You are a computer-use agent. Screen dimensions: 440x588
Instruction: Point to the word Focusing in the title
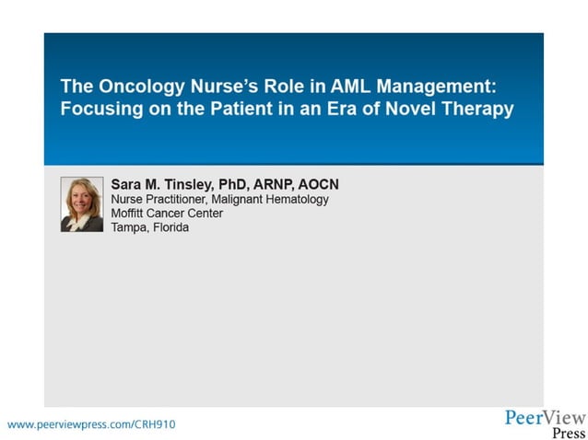(99, 109)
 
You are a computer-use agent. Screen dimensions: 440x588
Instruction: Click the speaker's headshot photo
(81, 204)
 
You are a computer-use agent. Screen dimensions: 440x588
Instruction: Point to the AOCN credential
(318, 184)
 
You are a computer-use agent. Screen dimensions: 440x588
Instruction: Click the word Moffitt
(130, 213)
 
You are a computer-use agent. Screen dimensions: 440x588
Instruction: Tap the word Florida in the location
(171, 226)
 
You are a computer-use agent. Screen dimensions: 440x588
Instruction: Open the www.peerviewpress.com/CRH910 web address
(91, 424)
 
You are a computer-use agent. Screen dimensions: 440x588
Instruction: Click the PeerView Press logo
(545, 424)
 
